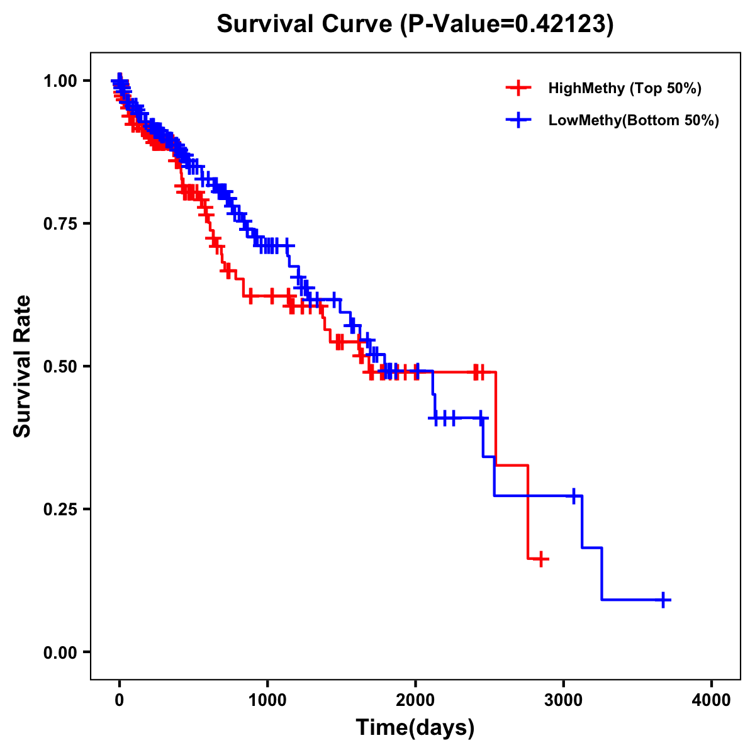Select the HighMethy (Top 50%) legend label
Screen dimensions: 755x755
pyautogui.click(x=624, y=88)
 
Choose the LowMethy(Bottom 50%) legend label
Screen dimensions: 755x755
pyautogui.click(x=634, y=120)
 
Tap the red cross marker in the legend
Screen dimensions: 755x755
pyautogui.click(x=518, y=88)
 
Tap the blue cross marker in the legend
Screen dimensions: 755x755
pyautogui.click(x=518, y=120)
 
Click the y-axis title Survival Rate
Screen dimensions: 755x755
pyautogui.click(x=23, y=366)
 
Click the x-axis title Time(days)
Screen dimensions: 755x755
pyautogui.click(x=415, y=727)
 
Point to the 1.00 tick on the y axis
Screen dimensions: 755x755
pyautogui.click(x=60, y=81)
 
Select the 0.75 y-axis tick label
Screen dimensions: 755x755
pyautogui.click(x=60, y=223)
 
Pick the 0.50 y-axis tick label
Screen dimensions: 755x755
pyautogui.click(x=60, y=366)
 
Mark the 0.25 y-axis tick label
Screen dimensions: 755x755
pyautogui.click(x=60, y=509)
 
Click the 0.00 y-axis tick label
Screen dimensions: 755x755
pyautogui.click(x=60, y=652)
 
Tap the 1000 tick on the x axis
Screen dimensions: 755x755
pyautogui.click(x=267, y=700)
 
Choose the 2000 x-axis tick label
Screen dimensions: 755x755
pyautogui.click(x=415, y=700)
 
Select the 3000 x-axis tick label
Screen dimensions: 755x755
pyautogui.click(x=564, y=700)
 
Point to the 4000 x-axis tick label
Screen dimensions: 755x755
pyautogui.click(x=712, y=700)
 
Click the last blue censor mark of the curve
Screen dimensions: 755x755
pyautogui.click(x=663, y=600)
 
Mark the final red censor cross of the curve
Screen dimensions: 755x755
pyautogui.click(x=540, y=559)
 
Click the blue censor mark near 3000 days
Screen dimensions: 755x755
pyautogui.click(x=574, y=496)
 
